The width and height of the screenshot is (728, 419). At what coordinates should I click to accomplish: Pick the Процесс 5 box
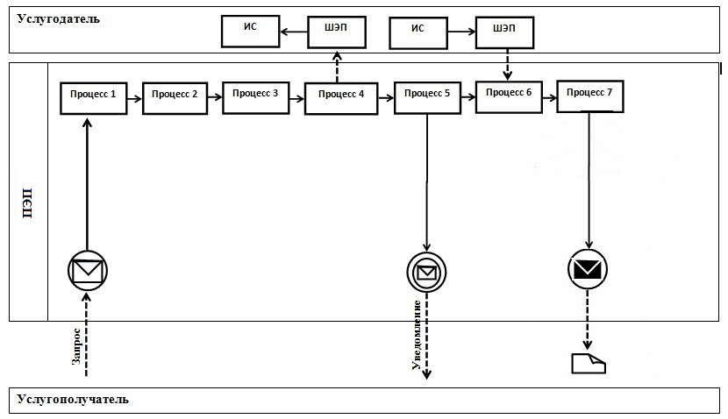[x=428, y=98]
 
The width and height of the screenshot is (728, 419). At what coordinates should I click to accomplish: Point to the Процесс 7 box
[x=590, y=97]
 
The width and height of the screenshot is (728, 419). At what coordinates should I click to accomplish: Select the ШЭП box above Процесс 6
[x=505, y=33]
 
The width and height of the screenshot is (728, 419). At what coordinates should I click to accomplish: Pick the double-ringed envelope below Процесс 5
[x=426, y=272]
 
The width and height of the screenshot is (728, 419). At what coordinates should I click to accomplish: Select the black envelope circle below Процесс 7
[x=587, y=270]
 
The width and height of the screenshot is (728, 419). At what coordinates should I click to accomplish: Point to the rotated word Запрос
[x=77, y=345]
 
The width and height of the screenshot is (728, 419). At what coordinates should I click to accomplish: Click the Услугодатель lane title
[x=59, y=18]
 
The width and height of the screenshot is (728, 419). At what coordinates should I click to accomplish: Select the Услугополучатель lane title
[x=73, y=400]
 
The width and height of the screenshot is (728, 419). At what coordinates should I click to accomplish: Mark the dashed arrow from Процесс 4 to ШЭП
[x=338, y=67]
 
